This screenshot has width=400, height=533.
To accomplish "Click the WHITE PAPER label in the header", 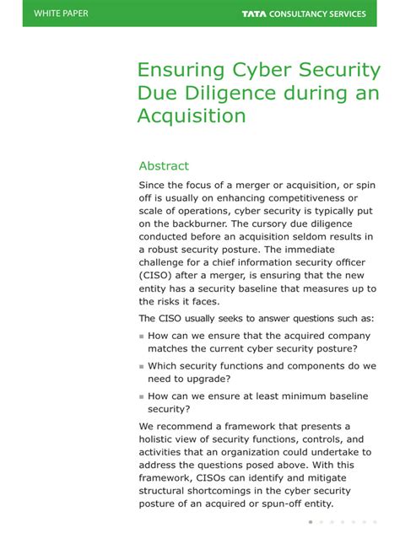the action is coord(61,13).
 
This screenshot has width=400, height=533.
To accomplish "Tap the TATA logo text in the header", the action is coord(253,13).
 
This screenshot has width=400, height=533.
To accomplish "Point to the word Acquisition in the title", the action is coord(192,116).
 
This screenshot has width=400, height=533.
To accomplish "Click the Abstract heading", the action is coord(164,166).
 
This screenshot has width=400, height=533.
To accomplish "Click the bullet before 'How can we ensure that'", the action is coord(142,336).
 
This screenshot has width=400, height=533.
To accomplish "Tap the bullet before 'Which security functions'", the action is coord(142,367).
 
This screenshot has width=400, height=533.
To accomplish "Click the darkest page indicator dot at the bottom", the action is coord(311,523).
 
